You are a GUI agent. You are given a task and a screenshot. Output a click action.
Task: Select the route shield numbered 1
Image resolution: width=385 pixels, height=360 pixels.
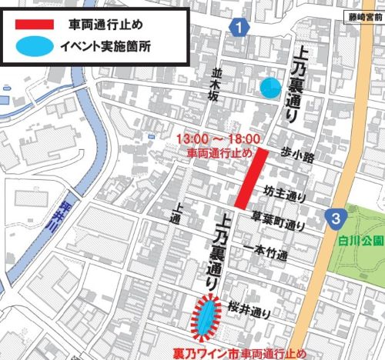242,28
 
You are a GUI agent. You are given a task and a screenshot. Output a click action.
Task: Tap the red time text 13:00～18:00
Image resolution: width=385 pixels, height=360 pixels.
215,138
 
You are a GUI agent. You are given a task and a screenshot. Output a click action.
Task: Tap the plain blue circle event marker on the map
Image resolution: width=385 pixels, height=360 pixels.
269,88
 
